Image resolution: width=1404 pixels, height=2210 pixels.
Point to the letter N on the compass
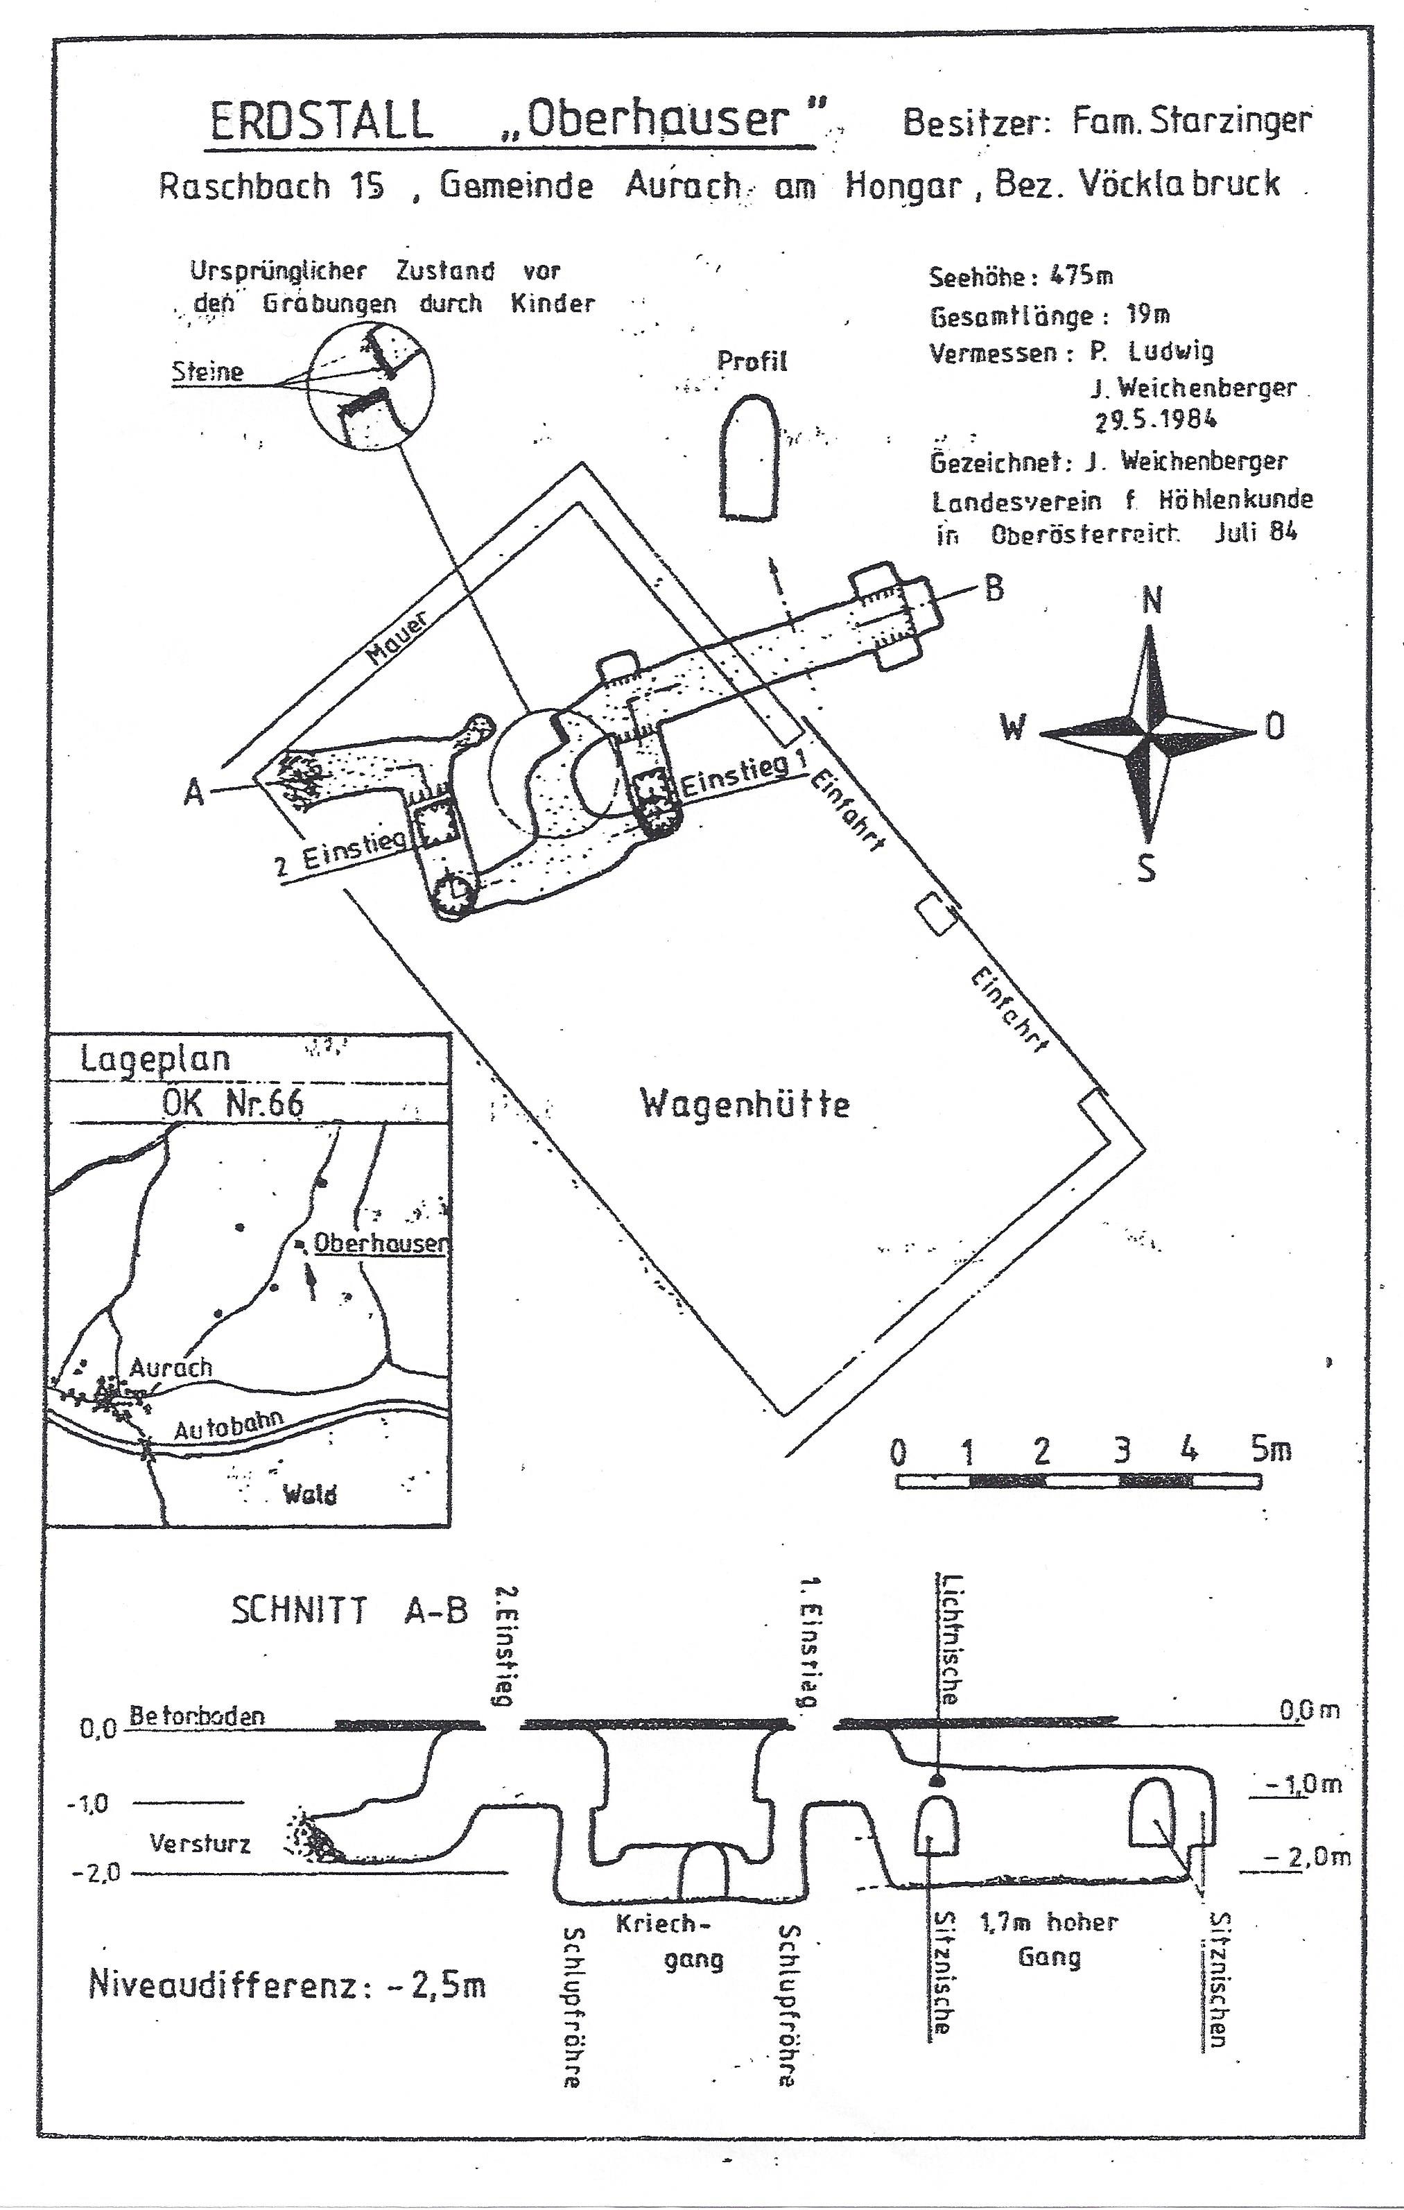tap(1152, 601)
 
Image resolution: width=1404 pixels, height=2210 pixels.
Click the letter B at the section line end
tap(994, 588)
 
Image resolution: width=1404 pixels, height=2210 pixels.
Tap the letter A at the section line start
tap(193, 791)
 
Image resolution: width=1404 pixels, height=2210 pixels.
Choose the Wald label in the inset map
tap(309, 1494)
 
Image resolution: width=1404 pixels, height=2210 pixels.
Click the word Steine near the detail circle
tap(207, 372)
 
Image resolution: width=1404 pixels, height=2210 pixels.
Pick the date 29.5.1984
tap(1155, 420)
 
